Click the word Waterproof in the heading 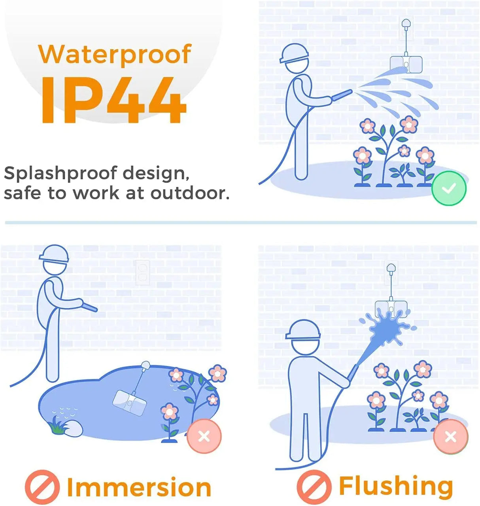(115, 55)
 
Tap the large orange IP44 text (113, 100)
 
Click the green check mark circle (449, 188)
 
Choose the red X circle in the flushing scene (451, 437)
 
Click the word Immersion (139, 487)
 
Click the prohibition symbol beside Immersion (42, 487)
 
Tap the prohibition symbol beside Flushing (314, 487)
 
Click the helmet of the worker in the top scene (294, 53)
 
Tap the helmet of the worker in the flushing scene (303, 330)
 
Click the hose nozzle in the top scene (342, 95)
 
